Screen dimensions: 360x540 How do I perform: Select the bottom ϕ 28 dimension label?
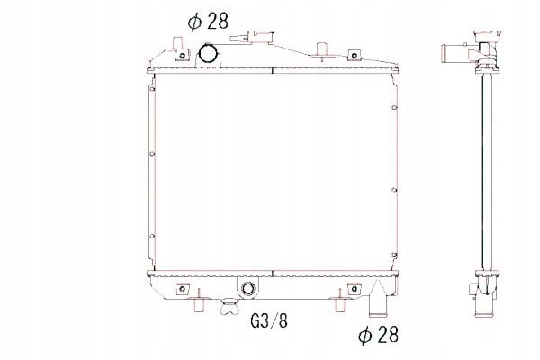[379, 335]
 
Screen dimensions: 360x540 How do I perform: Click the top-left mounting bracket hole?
[181, 58]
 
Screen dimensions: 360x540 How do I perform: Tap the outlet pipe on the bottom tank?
[379, 298]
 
